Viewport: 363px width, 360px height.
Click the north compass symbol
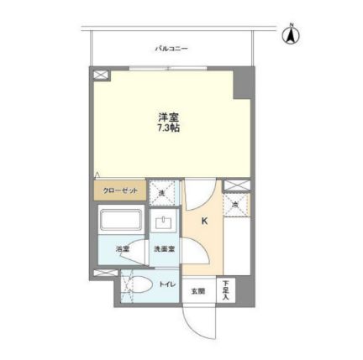(292, 34)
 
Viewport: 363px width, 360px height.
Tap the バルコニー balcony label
(171, 50)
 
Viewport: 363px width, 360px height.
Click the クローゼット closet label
(119, 191)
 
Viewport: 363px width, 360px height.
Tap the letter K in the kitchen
(205, 222)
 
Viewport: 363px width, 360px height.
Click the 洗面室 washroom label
(163, 248)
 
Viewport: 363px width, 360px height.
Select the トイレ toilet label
(166, 284)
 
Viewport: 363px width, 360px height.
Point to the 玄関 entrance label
(197, 291)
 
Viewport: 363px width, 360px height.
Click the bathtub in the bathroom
(122, 222)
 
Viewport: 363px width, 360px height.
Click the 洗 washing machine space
(162, 193)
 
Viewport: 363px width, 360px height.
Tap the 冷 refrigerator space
(236, 203)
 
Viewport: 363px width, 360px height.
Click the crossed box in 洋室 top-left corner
(103, 76)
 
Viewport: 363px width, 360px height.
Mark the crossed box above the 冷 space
(236, 185)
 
